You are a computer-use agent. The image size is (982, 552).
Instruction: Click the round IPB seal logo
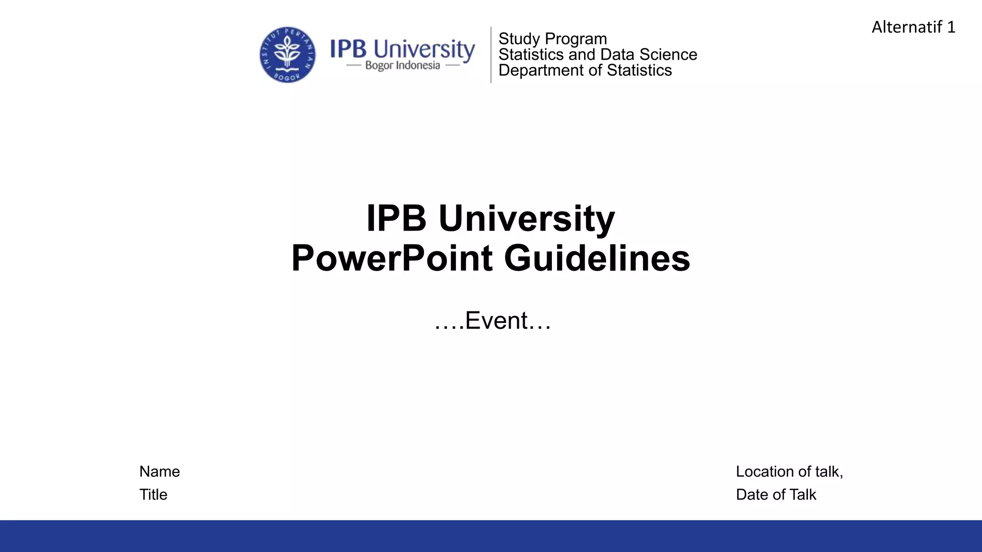click(x=287, y=55)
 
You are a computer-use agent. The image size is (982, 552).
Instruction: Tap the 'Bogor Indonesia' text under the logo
click(x=402, y=66)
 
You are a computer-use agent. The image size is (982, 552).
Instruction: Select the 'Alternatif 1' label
click(x=913, y=27)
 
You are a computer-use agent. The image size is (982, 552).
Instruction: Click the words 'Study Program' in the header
click(x=552, y=39)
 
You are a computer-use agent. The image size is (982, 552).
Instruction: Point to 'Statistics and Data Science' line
click(x=597, y=55)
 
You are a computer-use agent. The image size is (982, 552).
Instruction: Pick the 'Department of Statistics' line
click(x=585, y=70)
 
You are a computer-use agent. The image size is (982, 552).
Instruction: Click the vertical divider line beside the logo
click(x=491, y=55)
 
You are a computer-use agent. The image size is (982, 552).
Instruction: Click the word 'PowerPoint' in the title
click(x=392, y=258)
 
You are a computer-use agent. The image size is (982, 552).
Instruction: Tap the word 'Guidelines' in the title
click(x=597, y=258)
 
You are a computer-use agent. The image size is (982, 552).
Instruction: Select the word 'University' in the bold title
click(x=526, y=218)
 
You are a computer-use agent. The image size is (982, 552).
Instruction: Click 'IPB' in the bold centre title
click(x=396, y=218)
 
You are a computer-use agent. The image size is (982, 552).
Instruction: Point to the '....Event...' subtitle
click(x=492, y=321)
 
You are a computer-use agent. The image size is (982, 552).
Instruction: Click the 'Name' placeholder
click(x=160, y=471)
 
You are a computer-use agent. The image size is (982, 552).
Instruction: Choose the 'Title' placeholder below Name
click(x=153, y=494)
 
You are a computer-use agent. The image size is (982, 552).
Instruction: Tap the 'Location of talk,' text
click(x=789, y=471)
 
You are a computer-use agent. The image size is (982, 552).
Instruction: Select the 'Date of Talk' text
click(x=776, y=494)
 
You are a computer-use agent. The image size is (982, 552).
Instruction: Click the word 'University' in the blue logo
click(x=424, y=49)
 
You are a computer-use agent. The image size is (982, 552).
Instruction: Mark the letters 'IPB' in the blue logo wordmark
click(x=349, y=49)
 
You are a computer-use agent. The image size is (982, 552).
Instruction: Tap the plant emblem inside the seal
click(x=287, y=52)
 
